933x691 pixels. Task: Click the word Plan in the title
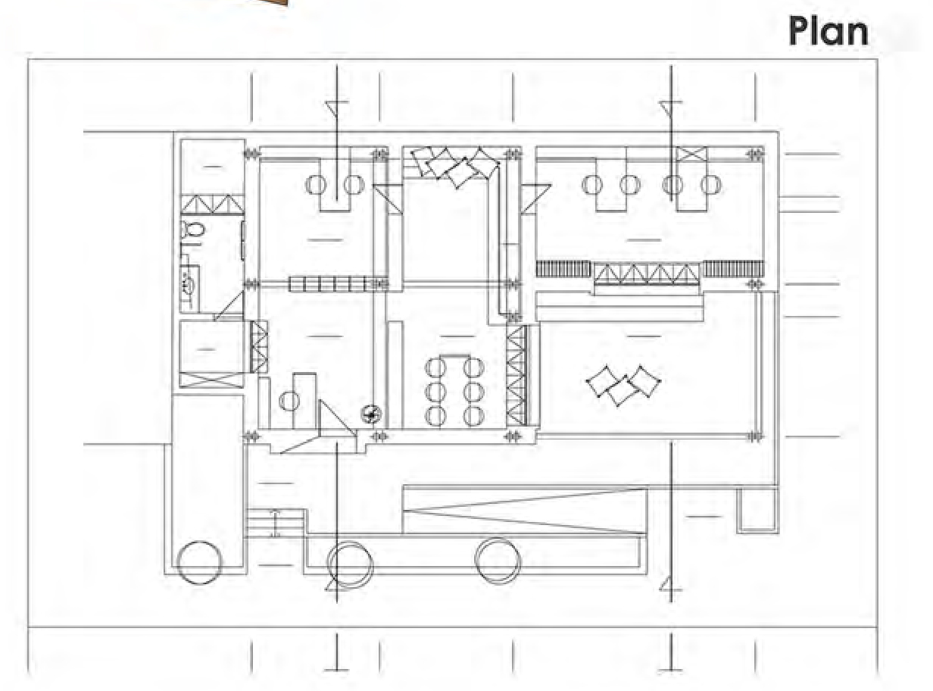click(828, 32)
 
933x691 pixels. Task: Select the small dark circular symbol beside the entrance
click(371, 414)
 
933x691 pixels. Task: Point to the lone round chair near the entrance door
click(289, 401)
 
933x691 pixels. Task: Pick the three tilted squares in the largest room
click(623, 385)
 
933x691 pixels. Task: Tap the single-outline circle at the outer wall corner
click(199, 562)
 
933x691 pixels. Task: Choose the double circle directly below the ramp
click(498, 561)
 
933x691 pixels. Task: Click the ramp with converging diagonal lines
click(525, 511)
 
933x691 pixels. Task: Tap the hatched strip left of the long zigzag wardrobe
click(563, 268)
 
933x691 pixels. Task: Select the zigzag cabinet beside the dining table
click(516, 375)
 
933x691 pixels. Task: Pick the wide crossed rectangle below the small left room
click(211, 380)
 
